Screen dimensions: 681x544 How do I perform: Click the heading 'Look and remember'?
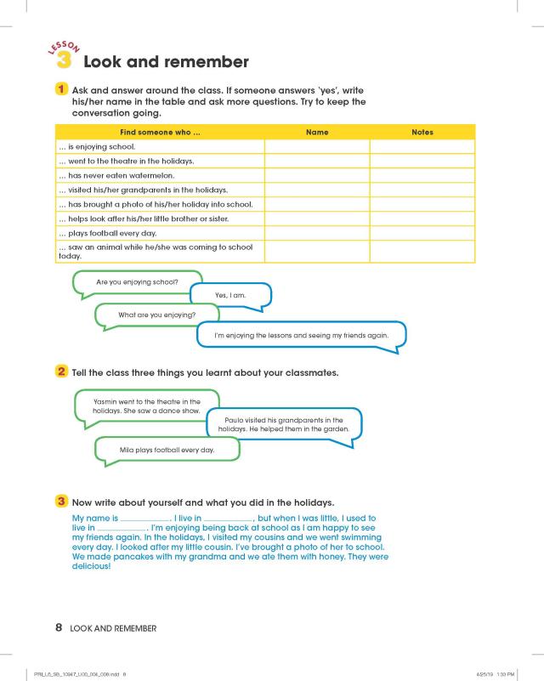coord(166,62)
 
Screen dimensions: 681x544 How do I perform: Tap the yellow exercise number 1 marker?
coord(62,89)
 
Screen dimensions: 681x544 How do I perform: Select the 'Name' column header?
coord(316,133)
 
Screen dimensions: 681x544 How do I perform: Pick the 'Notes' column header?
coord(422,133)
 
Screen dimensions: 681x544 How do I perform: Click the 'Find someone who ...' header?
coord(160,133)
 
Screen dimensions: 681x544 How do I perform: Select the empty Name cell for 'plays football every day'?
coord(316,233)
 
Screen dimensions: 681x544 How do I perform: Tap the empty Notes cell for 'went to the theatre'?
coord(422,162)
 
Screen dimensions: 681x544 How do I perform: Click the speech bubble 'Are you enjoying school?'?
coord(137,281)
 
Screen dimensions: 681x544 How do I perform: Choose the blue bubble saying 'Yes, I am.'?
coord(230,295)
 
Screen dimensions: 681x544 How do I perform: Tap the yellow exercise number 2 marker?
coord(62,372)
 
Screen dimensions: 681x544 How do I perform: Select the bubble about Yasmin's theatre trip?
coord(146,406)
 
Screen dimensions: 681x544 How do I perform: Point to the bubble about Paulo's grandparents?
coord(284,424)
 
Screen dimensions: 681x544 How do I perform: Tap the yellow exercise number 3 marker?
coord(62,501)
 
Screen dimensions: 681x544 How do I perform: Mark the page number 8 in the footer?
coord(59,628)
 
